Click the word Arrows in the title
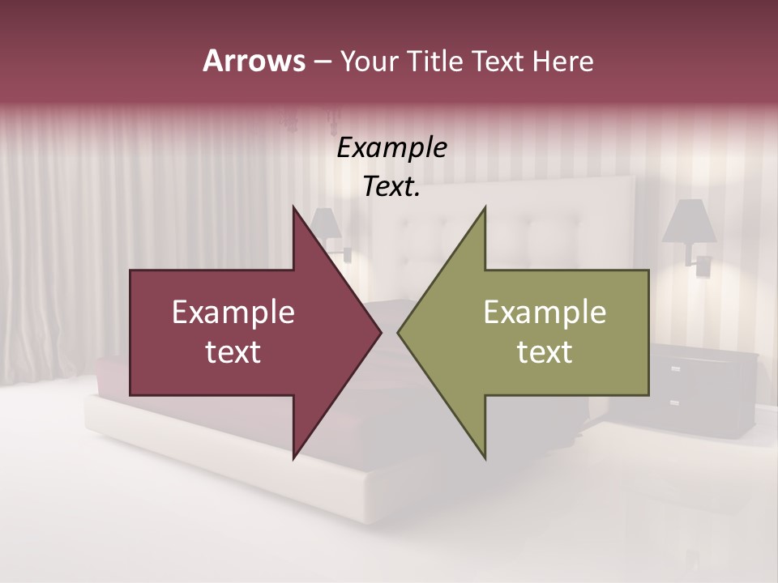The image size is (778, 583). tap(254, 61)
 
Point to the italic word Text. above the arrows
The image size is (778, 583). tap(391, 187)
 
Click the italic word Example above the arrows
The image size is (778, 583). tap(391, 147)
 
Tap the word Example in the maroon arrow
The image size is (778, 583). tap(233, 312)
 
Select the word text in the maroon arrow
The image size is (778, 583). tap(233, 351)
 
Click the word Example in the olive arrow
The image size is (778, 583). tap(545, 312)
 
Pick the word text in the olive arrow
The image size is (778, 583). tap(545, 351)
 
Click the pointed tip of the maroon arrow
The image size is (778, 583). tap(380, 332)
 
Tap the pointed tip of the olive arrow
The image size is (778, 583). tap(399, 332)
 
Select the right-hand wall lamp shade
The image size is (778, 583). tap(689, 221)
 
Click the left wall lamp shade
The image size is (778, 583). tap(325, 223)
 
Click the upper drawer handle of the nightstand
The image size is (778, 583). tap(674, 369)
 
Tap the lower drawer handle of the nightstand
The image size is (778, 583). tap(674, 402)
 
